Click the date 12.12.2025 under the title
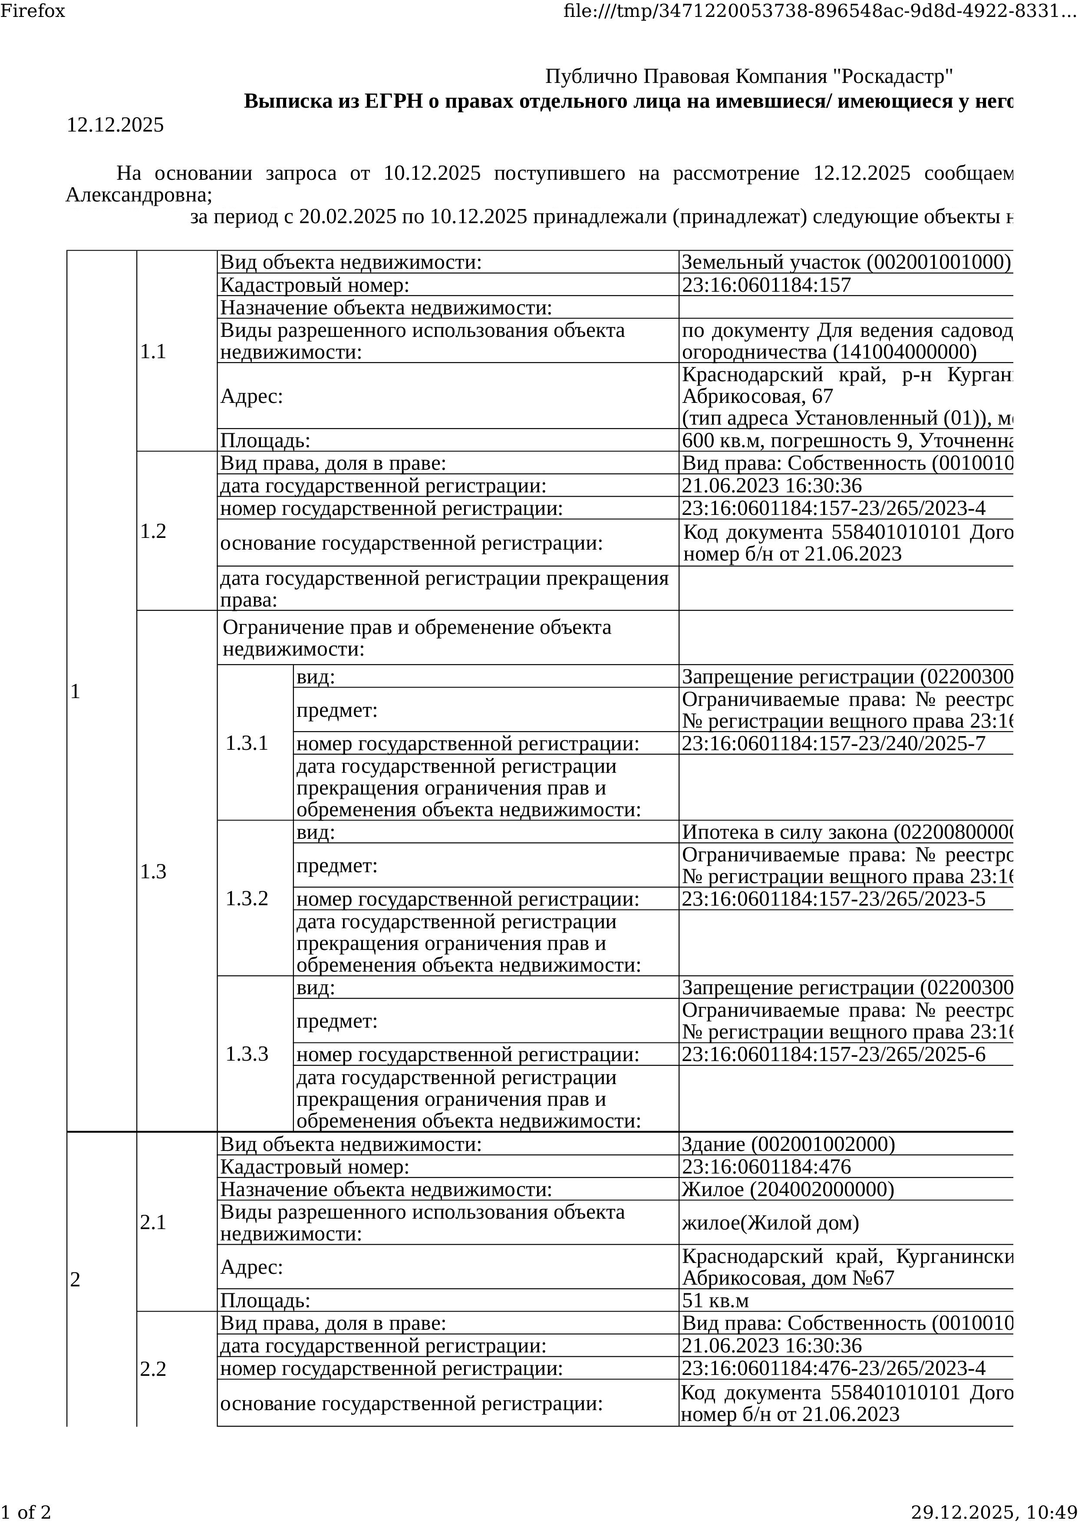115,125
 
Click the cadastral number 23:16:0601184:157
766,285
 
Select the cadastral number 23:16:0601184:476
766,1167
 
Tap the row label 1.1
153,352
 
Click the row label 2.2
153,1368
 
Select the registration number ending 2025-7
833,743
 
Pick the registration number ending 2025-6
833,1055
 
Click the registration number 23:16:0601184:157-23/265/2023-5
833,899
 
